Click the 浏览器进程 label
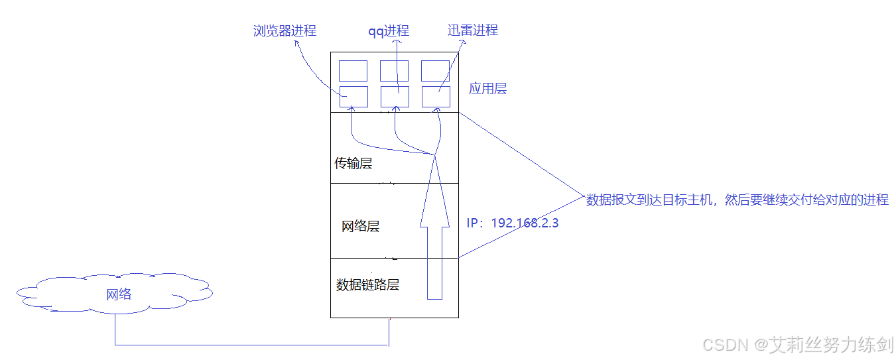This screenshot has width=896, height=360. tap(285, 31)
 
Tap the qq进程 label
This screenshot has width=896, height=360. tap(389, 31)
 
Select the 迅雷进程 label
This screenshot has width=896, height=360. tap(472, 30)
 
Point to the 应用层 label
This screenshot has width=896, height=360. tap(487, 89)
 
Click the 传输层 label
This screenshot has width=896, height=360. tap(353, 163)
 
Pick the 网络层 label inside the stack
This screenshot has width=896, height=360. tap(360, 227)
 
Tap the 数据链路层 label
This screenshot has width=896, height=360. tap(367, 285)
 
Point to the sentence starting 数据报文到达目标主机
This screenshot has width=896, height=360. tap(737, 200)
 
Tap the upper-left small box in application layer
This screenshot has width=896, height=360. tap(353, 71)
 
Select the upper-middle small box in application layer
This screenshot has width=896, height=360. tap(394, 71)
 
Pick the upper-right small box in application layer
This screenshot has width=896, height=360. tap(435, 71)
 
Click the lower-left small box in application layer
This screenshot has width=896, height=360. tap(353, 97)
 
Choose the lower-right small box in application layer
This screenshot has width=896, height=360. tap(435, 97)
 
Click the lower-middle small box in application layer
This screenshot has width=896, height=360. tap(394, 97)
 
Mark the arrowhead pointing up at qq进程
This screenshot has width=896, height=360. tap(397, 41)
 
